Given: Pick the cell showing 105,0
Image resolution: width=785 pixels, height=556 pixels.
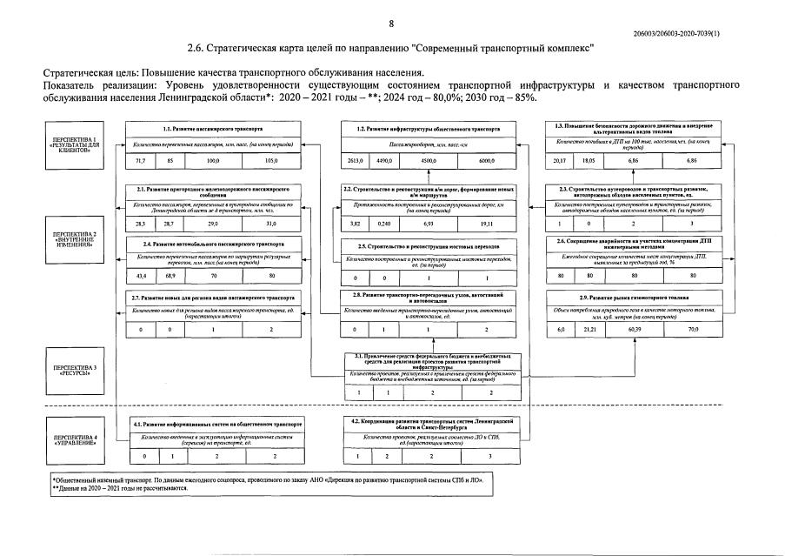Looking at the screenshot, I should point(271,162).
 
